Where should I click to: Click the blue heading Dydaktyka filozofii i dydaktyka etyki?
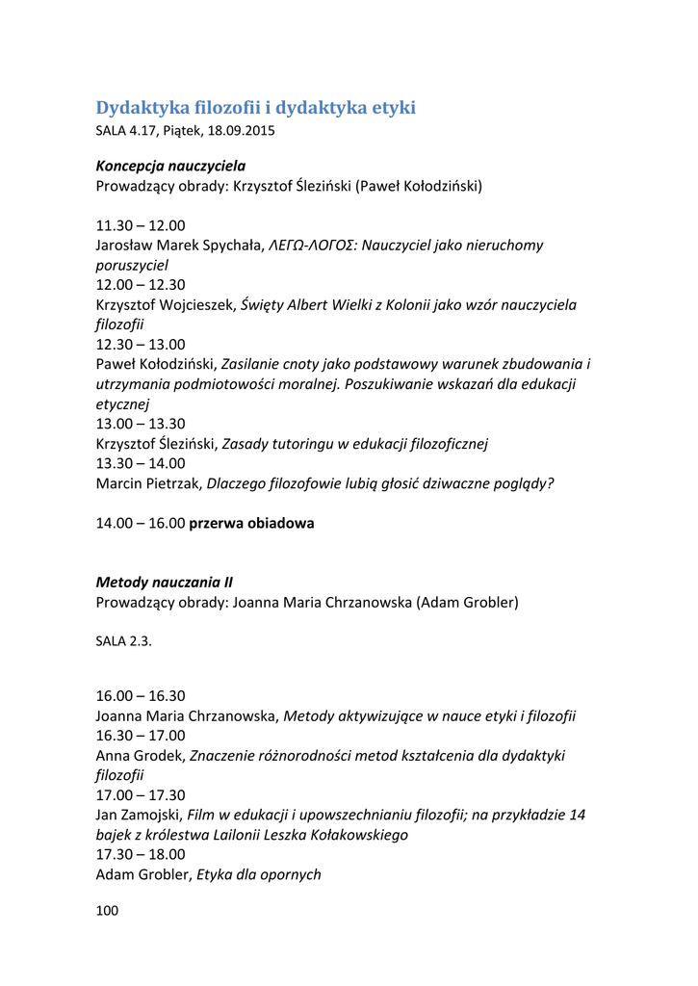pos(255,108)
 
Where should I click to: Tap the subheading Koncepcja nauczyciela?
pos(170,166)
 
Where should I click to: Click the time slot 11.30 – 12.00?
pos(141,225)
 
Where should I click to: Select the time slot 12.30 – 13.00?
pos(141,344)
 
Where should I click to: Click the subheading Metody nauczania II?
pos(164,583)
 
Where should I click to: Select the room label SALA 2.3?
pos(123,642)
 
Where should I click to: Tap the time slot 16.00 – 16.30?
pos(141,695)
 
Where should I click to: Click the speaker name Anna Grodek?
pos(140,755)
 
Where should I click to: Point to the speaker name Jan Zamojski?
pos(139,815)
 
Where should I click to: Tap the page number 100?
pos(107,910)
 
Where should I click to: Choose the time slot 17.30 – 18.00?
pos(141,854)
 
